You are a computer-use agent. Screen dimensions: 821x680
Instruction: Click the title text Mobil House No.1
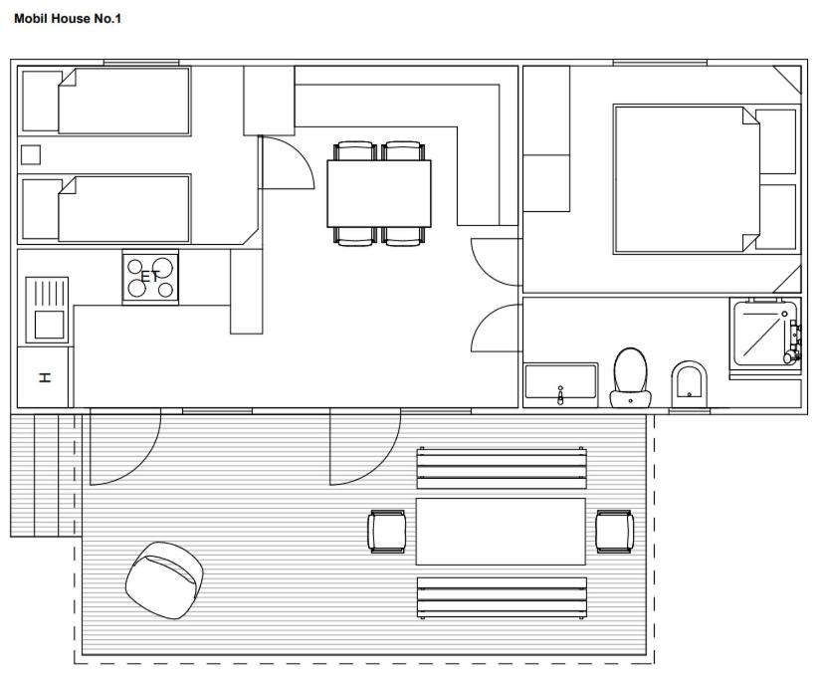coord(68,19)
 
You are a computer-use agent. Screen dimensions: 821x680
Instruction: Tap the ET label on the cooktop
coord(150,276)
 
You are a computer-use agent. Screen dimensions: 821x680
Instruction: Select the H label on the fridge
coord(46,377)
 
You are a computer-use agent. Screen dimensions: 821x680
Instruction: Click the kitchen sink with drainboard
coord(47,310)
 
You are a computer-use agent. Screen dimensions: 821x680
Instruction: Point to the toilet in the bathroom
coord(630,377)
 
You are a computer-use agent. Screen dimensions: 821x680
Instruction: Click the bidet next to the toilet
coord(689,384)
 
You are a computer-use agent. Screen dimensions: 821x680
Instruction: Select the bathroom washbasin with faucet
coord(561,385)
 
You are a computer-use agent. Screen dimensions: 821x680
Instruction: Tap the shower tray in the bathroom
coord(765,333)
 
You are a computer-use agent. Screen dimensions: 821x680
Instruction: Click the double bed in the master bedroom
coord(687,179)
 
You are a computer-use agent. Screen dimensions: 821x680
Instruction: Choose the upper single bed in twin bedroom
coord(124,102)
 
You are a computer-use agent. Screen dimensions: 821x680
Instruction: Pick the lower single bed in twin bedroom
coord(124,209)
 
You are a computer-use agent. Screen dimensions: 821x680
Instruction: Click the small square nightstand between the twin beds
coord(31,155)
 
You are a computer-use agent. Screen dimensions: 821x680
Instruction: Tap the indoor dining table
coord(379,194)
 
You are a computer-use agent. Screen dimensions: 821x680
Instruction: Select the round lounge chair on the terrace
coord(164,580)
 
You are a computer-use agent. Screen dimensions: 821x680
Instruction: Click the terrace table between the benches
coord(501,532)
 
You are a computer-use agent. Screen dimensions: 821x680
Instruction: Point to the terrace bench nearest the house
coord(502,468)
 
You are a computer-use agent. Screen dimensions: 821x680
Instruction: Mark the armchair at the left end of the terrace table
coord(387,532)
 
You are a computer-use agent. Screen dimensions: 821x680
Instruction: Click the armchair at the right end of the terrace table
coord(615,532)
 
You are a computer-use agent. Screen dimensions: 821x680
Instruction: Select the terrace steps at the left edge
coord(46,475)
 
